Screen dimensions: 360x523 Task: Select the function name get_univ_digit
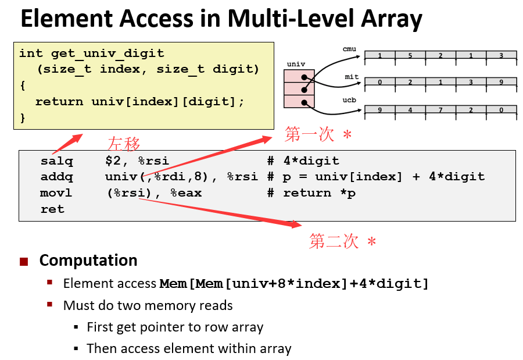tap(108, 54)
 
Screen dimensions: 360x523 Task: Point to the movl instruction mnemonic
tap(56, 193)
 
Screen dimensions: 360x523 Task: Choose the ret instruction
tap(52, 209)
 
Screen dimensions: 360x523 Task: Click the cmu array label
tap(349, 49)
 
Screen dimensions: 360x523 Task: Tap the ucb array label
tap(349, 100)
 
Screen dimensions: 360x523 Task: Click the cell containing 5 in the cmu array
tap(410, 56)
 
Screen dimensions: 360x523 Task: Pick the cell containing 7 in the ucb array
tap(440, 110)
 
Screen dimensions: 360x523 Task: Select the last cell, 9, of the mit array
tap(501, 83)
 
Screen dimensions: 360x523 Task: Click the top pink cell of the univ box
tap(299, 76)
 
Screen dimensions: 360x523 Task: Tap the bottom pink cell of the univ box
tap(299, 102)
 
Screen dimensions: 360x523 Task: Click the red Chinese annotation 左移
tap(124, 144)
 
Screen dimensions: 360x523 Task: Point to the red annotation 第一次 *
tap(318, 135)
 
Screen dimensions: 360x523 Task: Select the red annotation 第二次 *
tap(342, 241)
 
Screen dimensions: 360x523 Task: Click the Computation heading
tap(88, 260)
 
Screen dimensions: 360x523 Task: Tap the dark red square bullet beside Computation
tap(24, 261)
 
